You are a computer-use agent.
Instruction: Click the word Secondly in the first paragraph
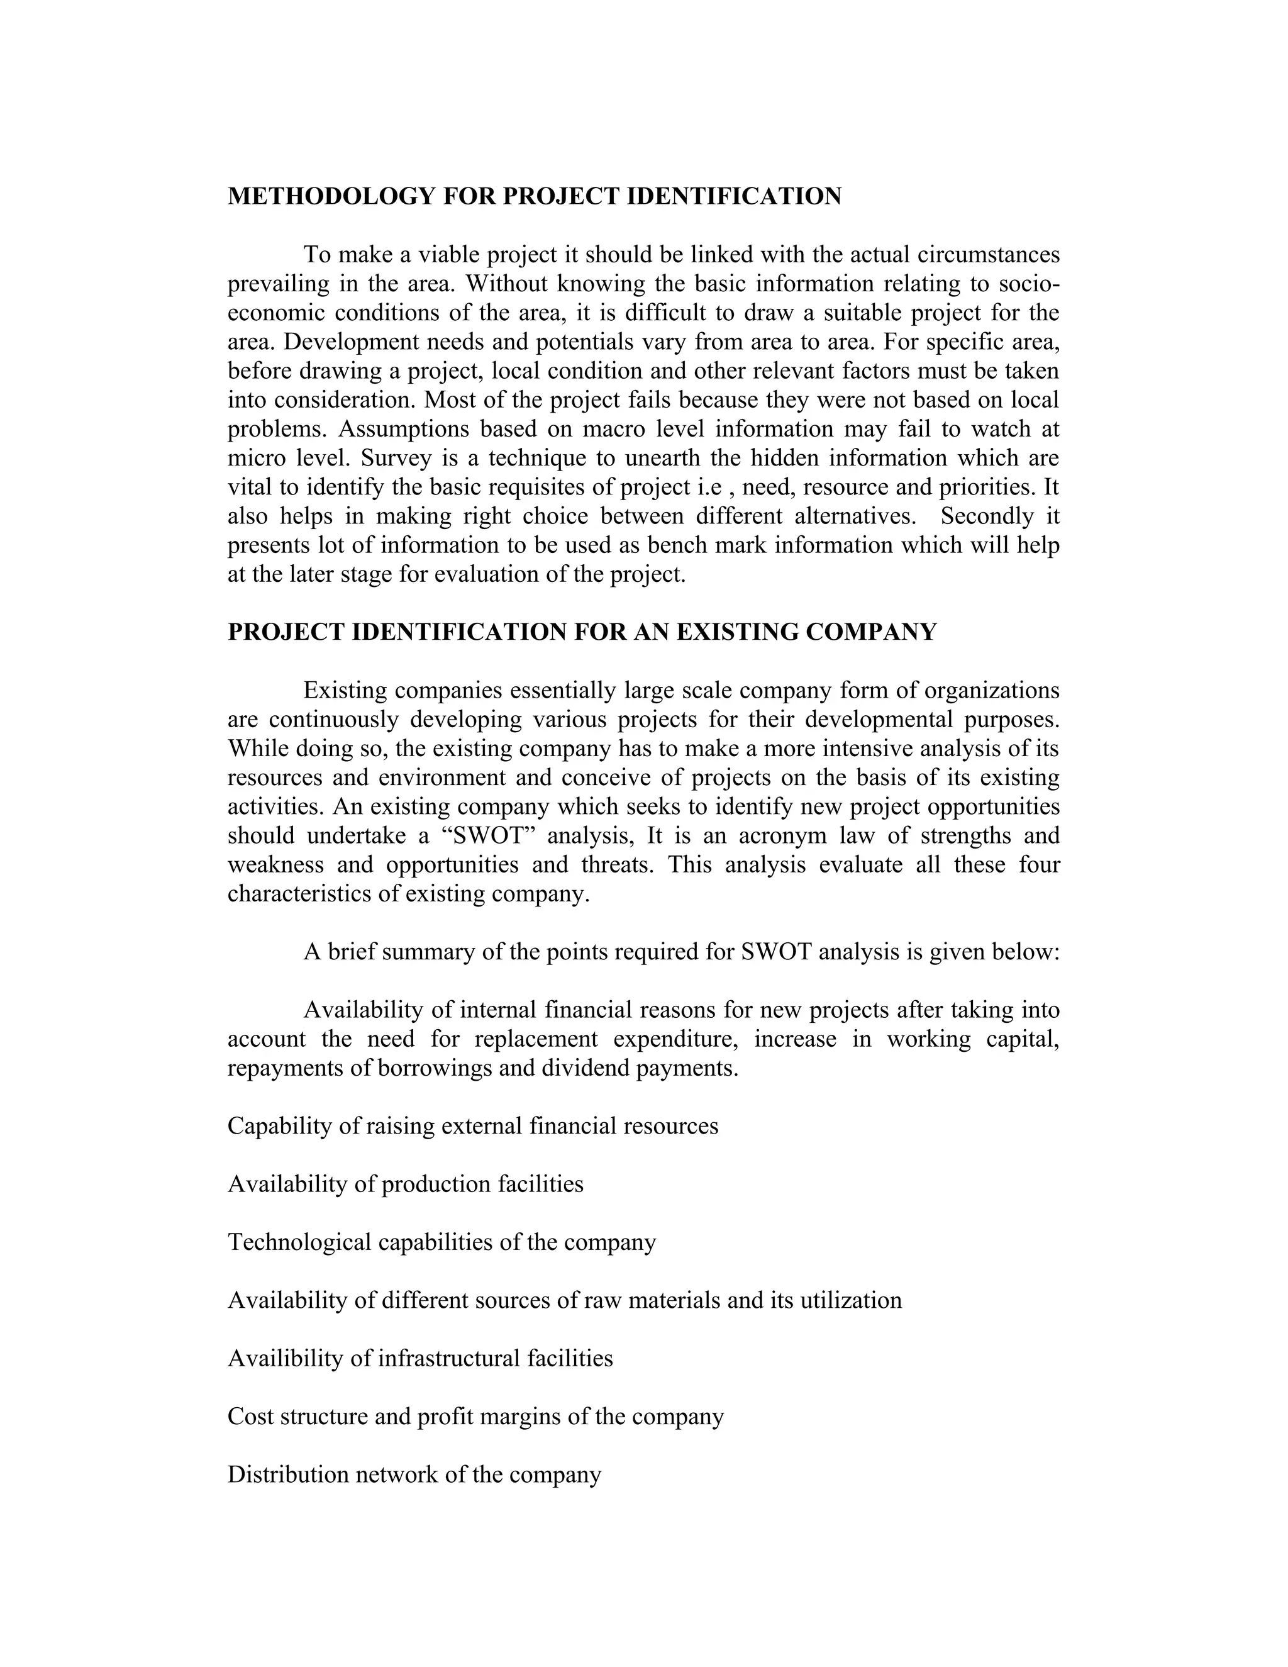tap(987, 516)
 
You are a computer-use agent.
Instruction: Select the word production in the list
tap(436, 1184)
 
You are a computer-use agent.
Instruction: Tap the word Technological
tap(299, 1242)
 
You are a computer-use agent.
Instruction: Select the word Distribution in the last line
tap(289, 1474)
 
